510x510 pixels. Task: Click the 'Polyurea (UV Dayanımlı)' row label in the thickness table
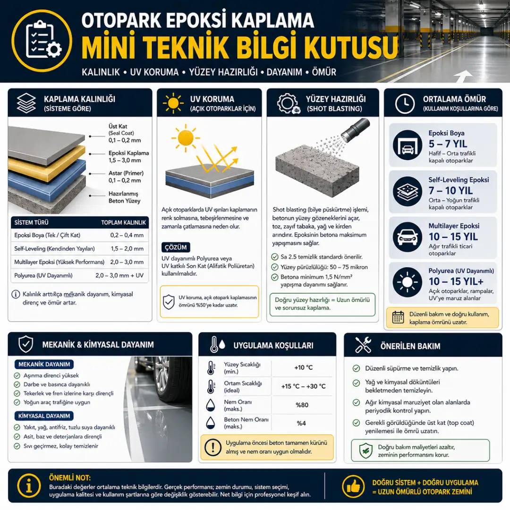43,275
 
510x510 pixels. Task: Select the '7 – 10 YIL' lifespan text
451,191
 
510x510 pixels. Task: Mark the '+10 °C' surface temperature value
303,367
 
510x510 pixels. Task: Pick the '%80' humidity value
302,405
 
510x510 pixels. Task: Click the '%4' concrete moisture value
301,423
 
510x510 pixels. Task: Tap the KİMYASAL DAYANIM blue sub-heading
44,416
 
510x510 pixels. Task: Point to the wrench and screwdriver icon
363,345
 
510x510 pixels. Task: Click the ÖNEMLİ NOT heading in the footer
70,477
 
